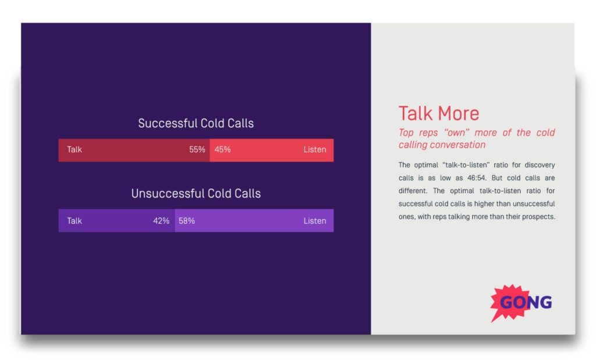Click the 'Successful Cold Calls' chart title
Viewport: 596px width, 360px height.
pyautogui.click(x=196, y=123)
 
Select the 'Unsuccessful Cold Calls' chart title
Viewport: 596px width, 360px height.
pyautogui.click(x=196, y=194)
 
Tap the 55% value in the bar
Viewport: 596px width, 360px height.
pyautogui.click(x=197, y=149)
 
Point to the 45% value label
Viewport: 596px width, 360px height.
pyautogui.click(x=222, y=149)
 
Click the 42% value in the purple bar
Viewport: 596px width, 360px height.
pyautogui.click(x=161, y=221)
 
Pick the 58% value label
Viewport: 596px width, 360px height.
pyautogui.click(x=187, y=221)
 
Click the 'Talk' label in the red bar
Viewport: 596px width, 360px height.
pyautogui.click(x=74, y=149)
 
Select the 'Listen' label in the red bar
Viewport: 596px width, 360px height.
pyautogui.click(x=314, y=149)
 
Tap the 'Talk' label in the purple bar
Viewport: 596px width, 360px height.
pyautogui.click(x=74, y=221)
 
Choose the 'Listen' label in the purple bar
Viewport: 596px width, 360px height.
pyautogui.click(x=314, y=221)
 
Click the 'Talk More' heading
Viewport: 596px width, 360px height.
pyautogui.click(x=439, y=113)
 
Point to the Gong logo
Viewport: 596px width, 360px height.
pyautogui.click(x=521, y=302)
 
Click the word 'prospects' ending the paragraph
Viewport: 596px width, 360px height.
pyautogui.click(x=539, y=217)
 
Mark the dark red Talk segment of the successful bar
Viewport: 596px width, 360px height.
pyautogui.click(x=134, y=150)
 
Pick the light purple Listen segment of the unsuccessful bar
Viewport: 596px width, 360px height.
pyautogui.click(x=254, y=221)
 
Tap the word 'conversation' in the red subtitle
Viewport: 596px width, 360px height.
pyautogui.click(x=457, y=145)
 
